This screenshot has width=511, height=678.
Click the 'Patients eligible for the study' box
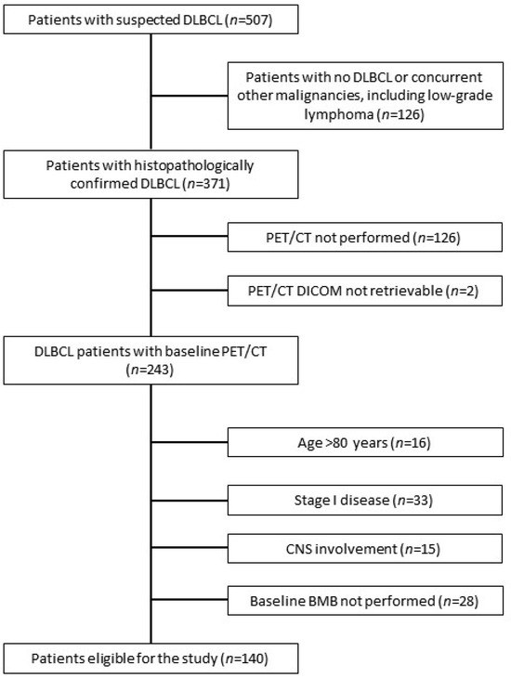coord(151,658)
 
